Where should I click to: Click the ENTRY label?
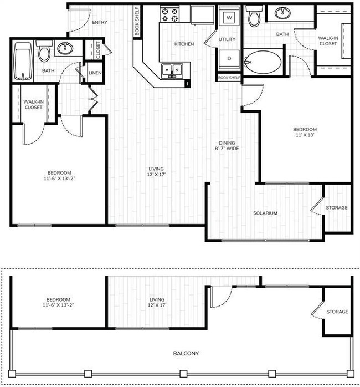(100, 23)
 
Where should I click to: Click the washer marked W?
(228, 17)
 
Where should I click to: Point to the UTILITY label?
(227, 39)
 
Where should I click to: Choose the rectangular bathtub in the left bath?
(23, 60)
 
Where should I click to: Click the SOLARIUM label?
(265, 213)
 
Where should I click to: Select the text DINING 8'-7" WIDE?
(228, 145)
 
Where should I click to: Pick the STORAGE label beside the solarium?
(337, 208)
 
